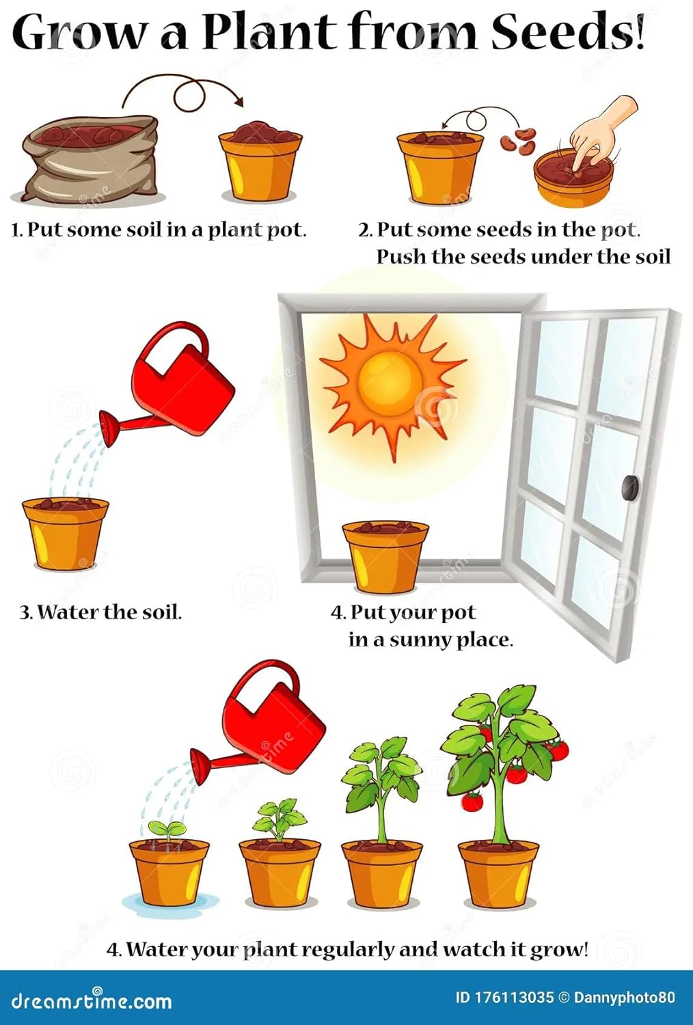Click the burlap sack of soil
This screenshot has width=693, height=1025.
(89, 161)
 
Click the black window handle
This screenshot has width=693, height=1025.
(629, 488)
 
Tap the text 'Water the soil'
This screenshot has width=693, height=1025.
(109, 612)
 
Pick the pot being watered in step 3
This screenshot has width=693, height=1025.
(65, 533)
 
